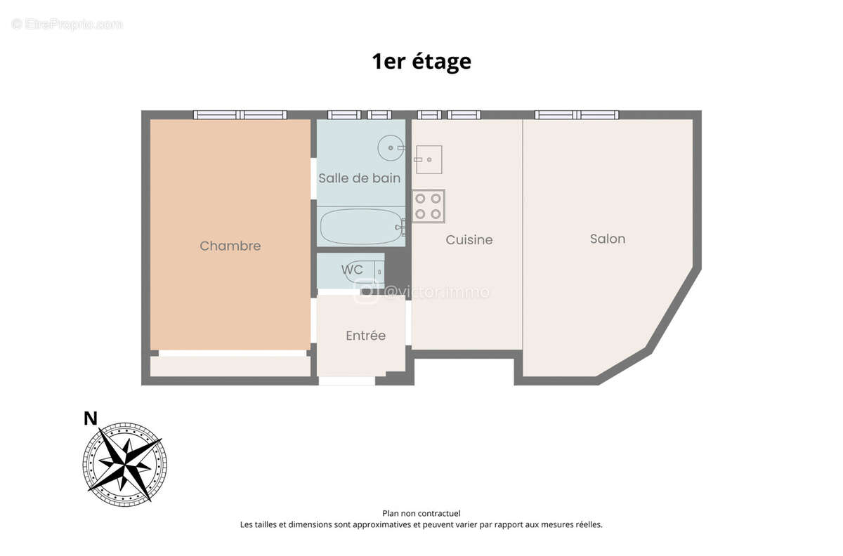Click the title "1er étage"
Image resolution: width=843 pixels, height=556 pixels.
(x=421, y=62)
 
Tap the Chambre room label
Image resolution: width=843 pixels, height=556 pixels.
(x=230, y=246)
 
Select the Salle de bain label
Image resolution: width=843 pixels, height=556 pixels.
(x=359, y=178)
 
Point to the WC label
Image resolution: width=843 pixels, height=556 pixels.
(x=352, y=270)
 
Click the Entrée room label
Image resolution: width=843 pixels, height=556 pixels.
(x=365, y=336)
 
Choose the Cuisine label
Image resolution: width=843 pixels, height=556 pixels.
(x=469, y=240)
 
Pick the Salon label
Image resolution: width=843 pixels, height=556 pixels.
(x=607, y=239)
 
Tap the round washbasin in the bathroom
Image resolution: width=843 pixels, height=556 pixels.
(x=391, y=148)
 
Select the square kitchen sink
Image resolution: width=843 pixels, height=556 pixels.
(x=428, y=159)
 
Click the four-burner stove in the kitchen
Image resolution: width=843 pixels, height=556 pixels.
(x=429, y=206)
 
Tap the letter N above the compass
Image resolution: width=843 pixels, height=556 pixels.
(x=91, y=419)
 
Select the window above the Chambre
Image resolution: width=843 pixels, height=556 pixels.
(x=240, y=114)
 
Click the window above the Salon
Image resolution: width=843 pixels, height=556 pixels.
(x=577, y=114)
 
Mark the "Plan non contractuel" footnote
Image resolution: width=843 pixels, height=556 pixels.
(x=421, y=513)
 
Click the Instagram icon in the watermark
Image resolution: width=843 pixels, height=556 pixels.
(x=365, y=291)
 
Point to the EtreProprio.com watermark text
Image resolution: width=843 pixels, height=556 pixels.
(x=67, y=25)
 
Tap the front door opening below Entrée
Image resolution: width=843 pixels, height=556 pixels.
(x=346, y=380)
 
